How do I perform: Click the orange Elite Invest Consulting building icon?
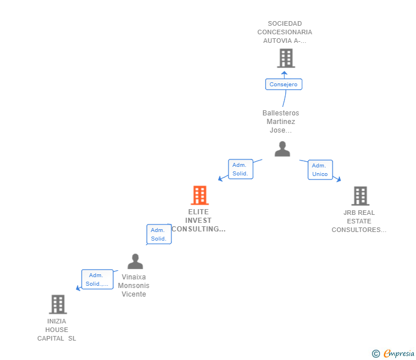click(199, 195)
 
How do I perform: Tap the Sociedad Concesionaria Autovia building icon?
click(285, 58)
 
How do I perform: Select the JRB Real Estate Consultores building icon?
click(360, 196)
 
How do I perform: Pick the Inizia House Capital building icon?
click(58, 305)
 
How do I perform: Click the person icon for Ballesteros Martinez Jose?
click(282, 149)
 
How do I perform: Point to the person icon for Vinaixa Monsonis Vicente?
click(135, 262)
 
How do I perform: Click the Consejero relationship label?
click(283, 84)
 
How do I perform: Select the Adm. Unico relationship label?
click(320, 170)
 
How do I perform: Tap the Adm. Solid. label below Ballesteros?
click(241, 169)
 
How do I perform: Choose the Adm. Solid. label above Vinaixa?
click(159, 234)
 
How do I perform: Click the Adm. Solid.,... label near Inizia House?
click(97, 279)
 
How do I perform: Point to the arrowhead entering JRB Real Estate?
click(338, 179)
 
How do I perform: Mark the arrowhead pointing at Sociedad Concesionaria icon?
click(284, 73)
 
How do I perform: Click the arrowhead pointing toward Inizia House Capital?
click(78, 288)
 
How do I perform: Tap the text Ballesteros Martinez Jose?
click(281, 122)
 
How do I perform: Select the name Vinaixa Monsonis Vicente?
click(134, 286)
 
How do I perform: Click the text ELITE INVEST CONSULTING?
click(198, 221)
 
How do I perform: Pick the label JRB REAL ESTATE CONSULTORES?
click(359, 221)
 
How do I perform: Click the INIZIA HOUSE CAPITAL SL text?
click(57, 330)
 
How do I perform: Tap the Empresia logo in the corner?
click(394, 354)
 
